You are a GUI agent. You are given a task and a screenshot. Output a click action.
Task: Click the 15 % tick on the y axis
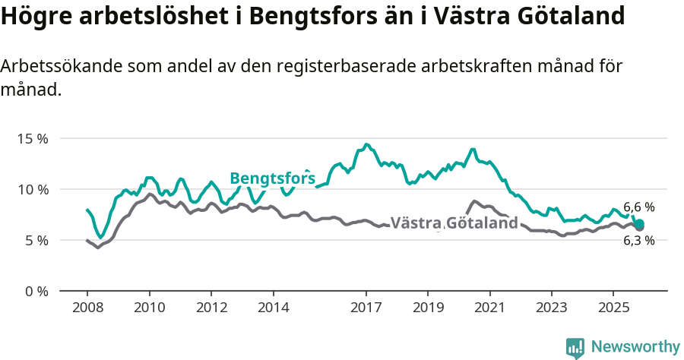click(x=32, y=139)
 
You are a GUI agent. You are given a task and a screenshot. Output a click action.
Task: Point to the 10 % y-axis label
click(x=32, y=189)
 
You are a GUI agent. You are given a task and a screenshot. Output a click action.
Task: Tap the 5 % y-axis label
click(x=36, y=240)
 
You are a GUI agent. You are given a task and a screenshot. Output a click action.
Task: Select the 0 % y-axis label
click(x=36, y=291)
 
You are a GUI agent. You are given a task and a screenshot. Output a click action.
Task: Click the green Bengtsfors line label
click(x=272, y=178)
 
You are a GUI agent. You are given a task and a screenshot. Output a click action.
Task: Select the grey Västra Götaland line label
click(x=454, y=223)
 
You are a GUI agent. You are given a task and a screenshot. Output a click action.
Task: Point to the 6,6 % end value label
click(x=638, y=207)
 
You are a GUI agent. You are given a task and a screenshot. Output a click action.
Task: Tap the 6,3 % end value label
click(x=638, y=241)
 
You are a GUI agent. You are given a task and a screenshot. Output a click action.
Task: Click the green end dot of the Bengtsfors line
click(x=640, y=223)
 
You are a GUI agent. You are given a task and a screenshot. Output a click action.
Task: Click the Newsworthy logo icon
click(x=575, y=347)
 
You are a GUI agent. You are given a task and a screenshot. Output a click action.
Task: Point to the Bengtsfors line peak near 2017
click(x=366, y=144)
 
